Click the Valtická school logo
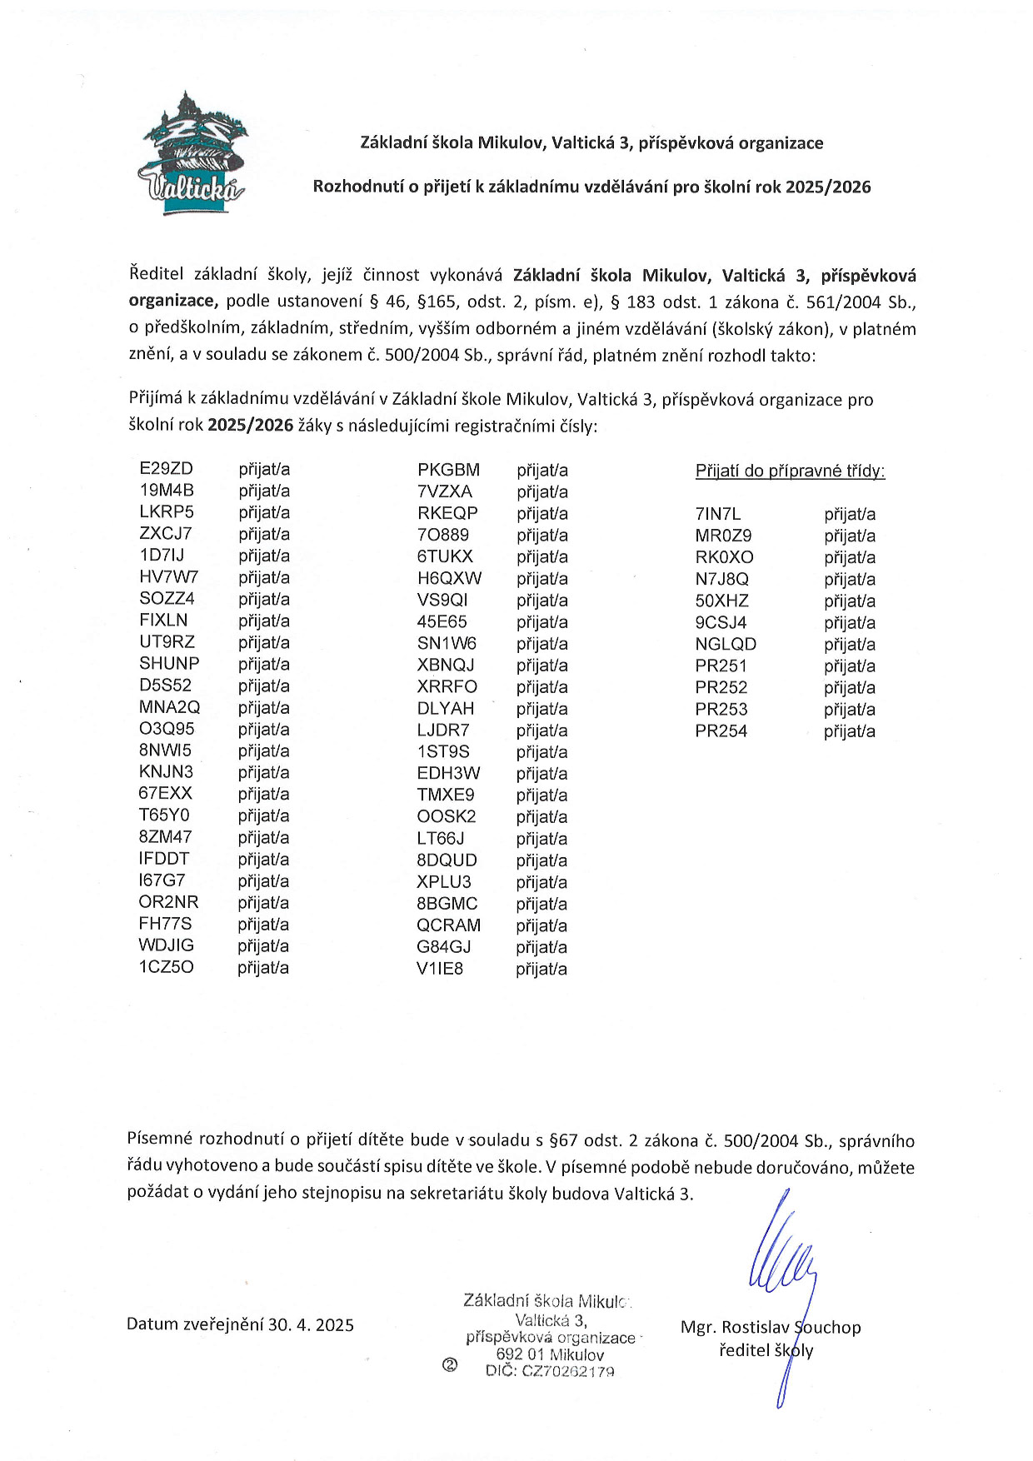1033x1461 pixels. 192,156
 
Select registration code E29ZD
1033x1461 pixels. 166,469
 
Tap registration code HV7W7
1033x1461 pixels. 168,577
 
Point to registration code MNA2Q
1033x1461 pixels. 169,707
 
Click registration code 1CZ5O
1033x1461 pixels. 166,967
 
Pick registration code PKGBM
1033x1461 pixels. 448,470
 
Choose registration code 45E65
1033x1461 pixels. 442,621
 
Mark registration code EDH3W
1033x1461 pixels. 448,773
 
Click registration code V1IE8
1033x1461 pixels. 440,968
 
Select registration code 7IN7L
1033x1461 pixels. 717,514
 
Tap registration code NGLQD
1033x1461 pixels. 726,644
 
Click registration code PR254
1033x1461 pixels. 721,730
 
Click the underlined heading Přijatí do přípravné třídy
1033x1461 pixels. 790,471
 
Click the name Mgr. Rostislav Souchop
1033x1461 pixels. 770,1327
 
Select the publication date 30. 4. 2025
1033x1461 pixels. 311,1324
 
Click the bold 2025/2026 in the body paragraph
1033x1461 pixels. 250,426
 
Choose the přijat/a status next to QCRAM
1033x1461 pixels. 541,925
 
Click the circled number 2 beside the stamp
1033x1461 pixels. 450,1364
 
